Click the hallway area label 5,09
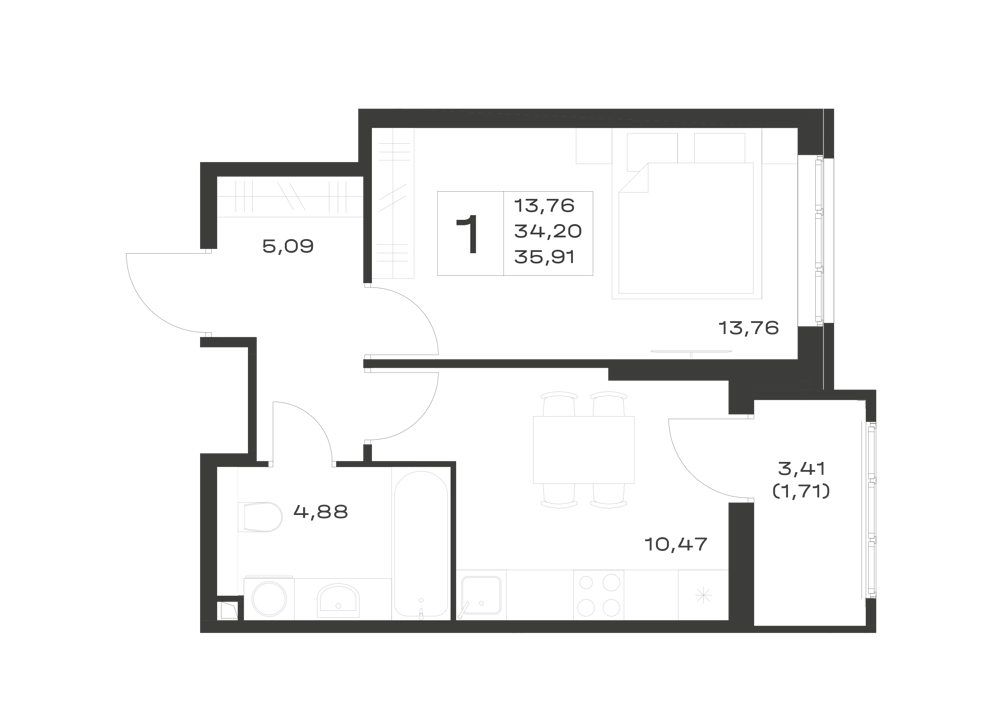[x=288, y=246]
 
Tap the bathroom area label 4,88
[x=321, y=511]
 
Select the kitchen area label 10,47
[x=676, y=544]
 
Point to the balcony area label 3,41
[x=802, y=469]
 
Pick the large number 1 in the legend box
[x=469, y=235]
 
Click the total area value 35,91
[x=545, y=257]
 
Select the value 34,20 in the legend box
[x=548, y=231]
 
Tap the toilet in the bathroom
[x=260, y=517]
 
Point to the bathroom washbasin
[x=339, y=601]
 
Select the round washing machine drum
[x=269, y=599]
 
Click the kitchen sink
[x=481, y=595]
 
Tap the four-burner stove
[x=599, y=595]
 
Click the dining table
[x=584, y=449]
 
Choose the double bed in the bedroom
[x=687, y=230]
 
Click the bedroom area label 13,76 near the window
[x=749, y=328]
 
